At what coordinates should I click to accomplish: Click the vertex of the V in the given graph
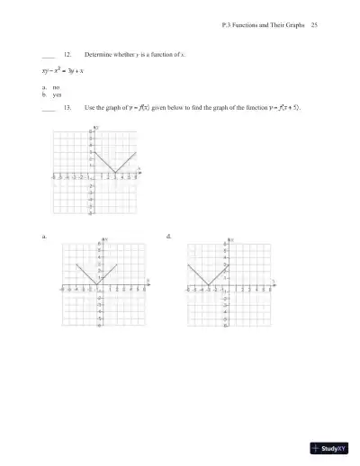pos(114,174)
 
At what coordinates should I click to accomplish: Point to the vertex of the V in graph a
pos(98,286)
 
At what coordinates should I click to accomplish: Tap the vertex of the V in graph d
pos(208,286)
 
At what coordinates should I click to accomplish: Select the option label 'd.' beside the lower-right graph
pos(169,236)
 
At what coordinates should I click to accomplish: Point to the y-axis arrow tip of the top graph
pos(95,128)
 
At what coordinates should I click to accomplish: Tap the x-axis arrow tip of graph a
pos(147,286)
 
